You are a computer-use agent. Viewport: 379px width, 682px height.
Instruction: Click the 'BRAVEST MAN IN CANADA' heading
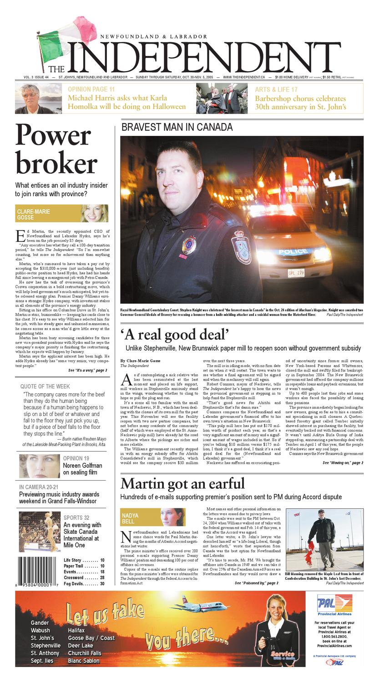coord(177,127)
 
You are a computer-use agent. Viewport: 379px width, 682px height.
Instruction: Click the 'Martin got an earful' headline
coord(182,483)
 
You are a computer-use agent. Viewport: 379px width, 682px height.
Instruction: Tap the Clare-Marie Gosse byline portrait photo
coord(95,213)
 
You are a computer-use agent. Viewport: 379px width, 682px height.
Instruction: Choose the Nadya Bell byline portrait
coord(171,517)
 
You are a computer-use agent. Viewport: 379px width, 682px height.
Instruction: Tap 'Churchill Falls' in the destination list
coord(85,653)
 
